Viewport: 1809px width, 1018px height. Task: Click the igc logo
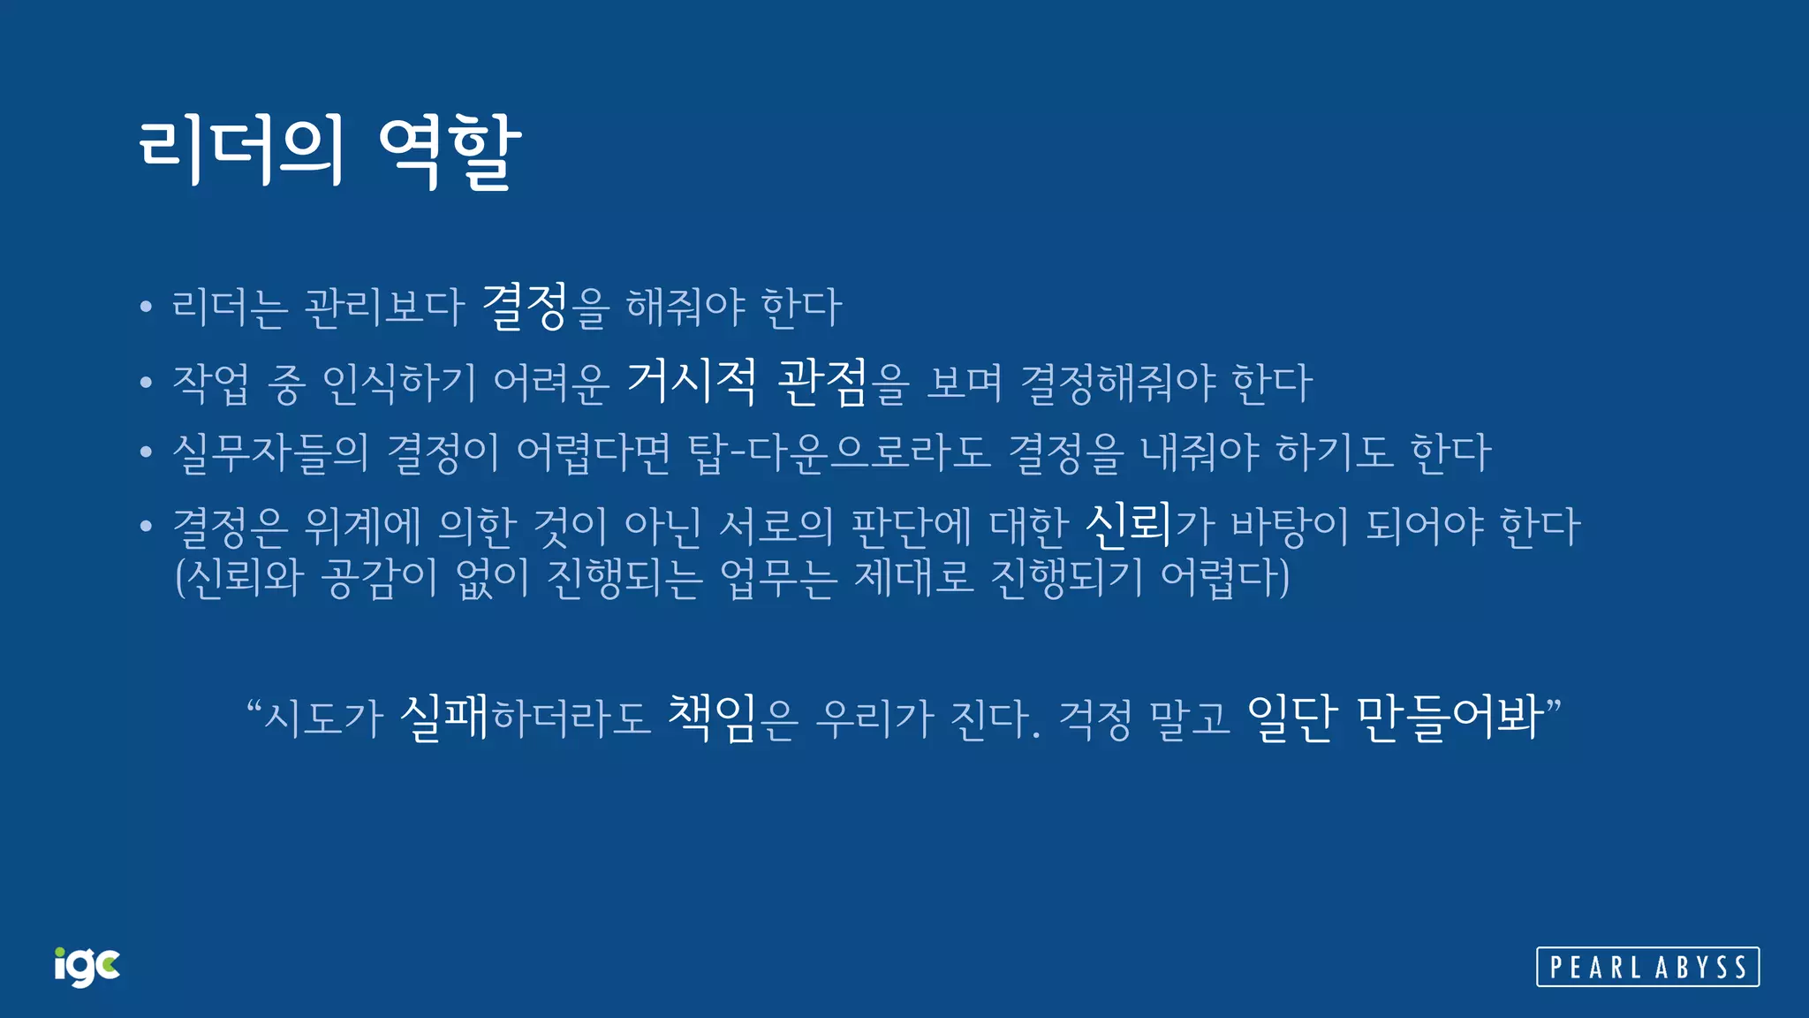[x=87, y=966]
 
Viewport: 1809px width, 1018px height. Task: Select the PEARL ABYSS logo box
[x=1647, y=967]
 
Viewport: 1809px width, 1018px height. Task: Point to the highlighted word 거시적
[x=691, y=382]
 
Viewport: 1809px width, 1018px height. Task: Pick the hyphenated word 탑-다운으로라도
[x=839, y=452]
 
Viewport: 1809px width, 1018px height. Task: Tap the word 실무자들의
[x=270, y=452]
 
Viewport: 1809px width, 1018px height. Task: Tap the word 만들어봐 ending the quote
[x=1449, y=717]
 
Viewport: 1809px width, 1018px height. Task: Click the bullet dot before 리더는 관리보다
[x=146, y=308]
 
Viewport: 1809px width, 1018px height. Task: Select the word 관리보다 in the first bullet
[x=383, y=308]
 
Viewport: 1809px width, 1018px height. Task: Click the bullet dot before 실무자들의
[x=146, y=452]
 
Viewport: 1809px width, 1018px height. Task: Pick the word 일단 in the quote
[x=1289, y=717]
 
